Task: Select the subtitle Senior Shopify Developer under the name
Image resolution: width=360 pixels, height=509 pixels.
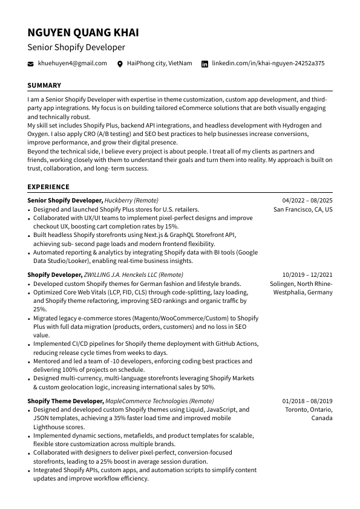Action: tap(76, 47)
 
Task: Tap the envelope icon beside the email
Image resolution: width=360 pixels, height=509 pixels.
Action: tap(31, 63)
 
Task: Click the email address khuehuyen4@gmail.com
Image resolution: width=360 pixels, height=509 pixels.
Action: tap(72, 63)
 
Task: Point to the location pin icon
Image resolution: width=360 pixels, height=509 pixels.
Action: tap(120, 63)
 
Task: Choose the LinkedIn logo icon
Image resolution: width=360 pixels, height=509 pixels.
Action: tap(205, 63)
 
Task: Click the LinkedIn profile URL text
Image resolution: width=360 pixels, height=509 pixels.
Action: tap(268, 63)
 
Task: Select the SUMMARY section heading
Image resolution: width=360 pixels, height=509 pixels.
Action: tap(44, 86)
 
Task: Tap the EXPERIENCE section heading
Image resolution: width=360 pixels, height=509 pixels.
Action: tap(48, 187)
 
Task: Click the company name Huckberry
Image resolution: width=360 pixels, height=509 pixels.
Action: tap(118, 200)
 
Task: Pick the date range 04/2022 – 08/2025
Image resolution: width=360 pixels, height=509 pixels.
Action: tap(307, 200)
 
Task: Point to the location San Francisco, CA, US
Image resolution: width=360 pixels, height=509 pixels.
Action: tap(303, 210)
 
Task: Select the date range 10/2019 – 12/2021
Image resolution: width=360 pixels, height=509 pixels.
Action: tap(307, 274)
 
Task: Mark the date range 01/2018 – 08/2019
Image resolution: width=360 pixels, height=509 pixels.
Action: tap(307, 401)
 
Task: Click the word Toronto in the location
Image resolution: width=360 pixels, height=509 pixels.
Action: tap(297, 410)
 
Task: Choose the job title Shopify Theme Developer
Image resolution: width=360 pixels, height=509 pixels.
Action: tap(65, 401)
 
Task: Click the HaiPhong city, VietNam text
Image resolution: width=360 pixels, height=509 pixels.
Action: tap(159, 63)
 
